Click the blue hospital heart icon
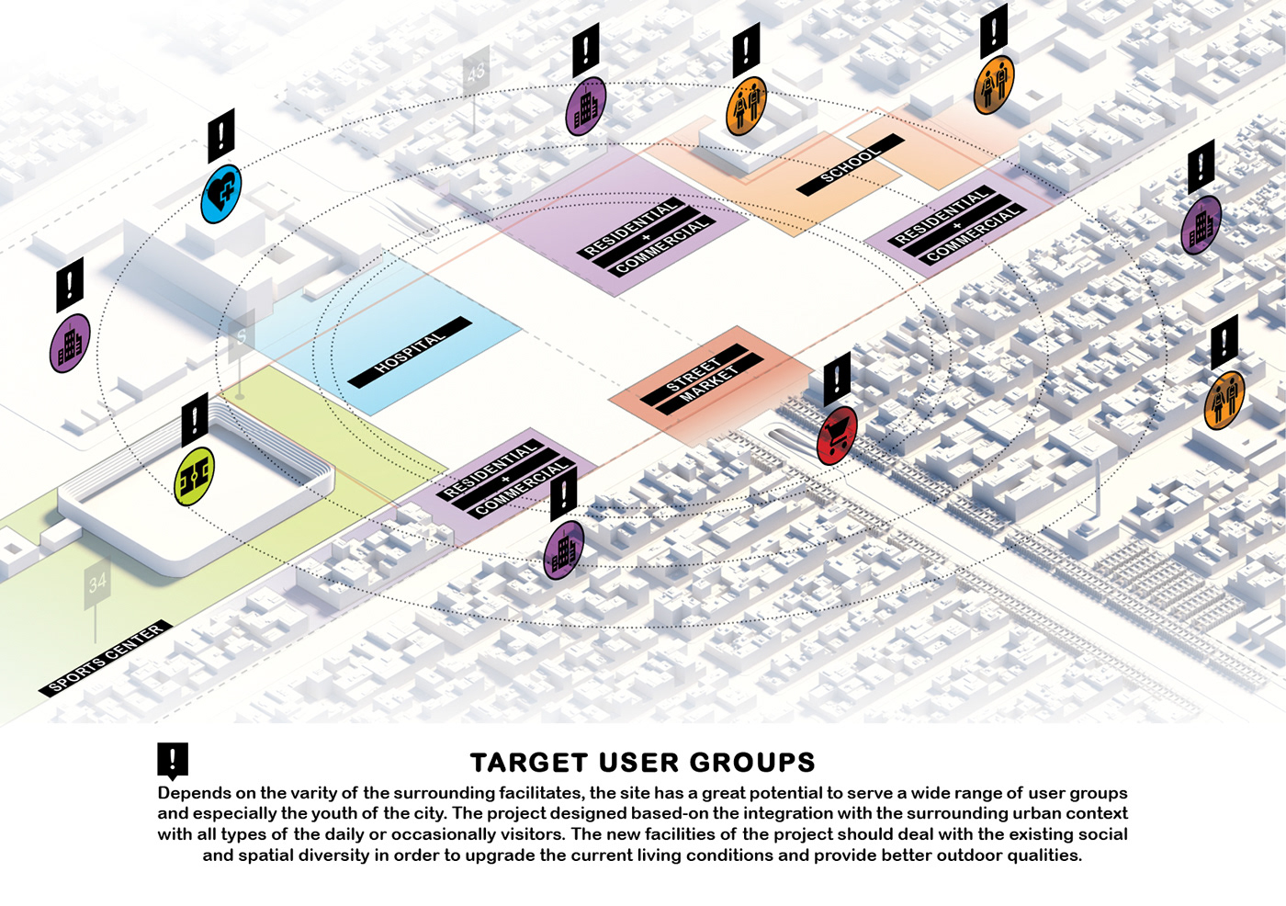[x=221, y=193]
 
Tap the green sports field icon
[x=195, y=476]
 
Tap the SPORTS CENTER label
[x=106, y=658]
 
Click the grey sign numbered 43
[x=475, y=73]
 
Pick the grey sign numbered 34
[x=97, y=583]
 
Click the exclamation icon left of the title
[x=173, y=760]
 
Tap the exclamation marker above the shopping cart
[x=837, y=378]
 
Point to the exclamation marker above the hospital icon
[x=221, y=135]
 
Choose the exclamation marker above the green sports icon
[x=195, y=419]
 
